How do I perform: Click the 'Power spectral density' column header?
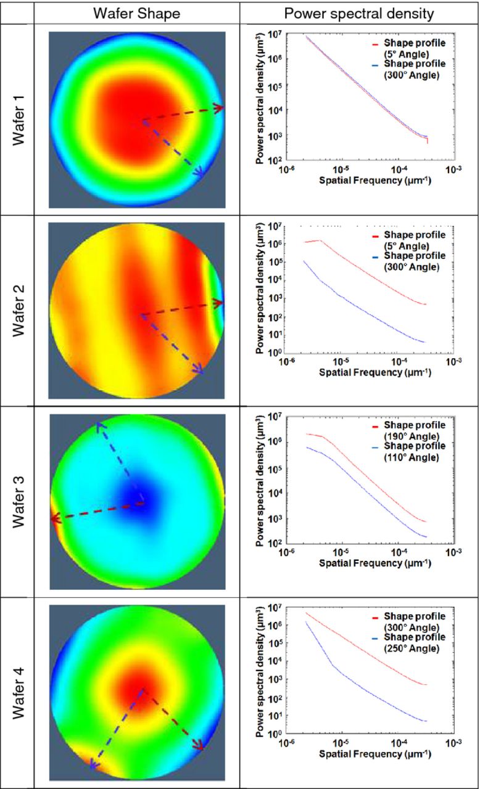359,12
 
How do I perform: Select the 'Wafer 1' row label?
19,119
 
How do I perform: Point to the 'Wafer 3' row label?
19,502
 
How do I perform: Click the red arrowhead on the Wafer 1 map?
218,108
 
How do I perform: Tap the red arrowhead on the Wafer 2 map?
218,303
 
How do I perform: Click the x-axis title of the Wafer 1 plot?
374,181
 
